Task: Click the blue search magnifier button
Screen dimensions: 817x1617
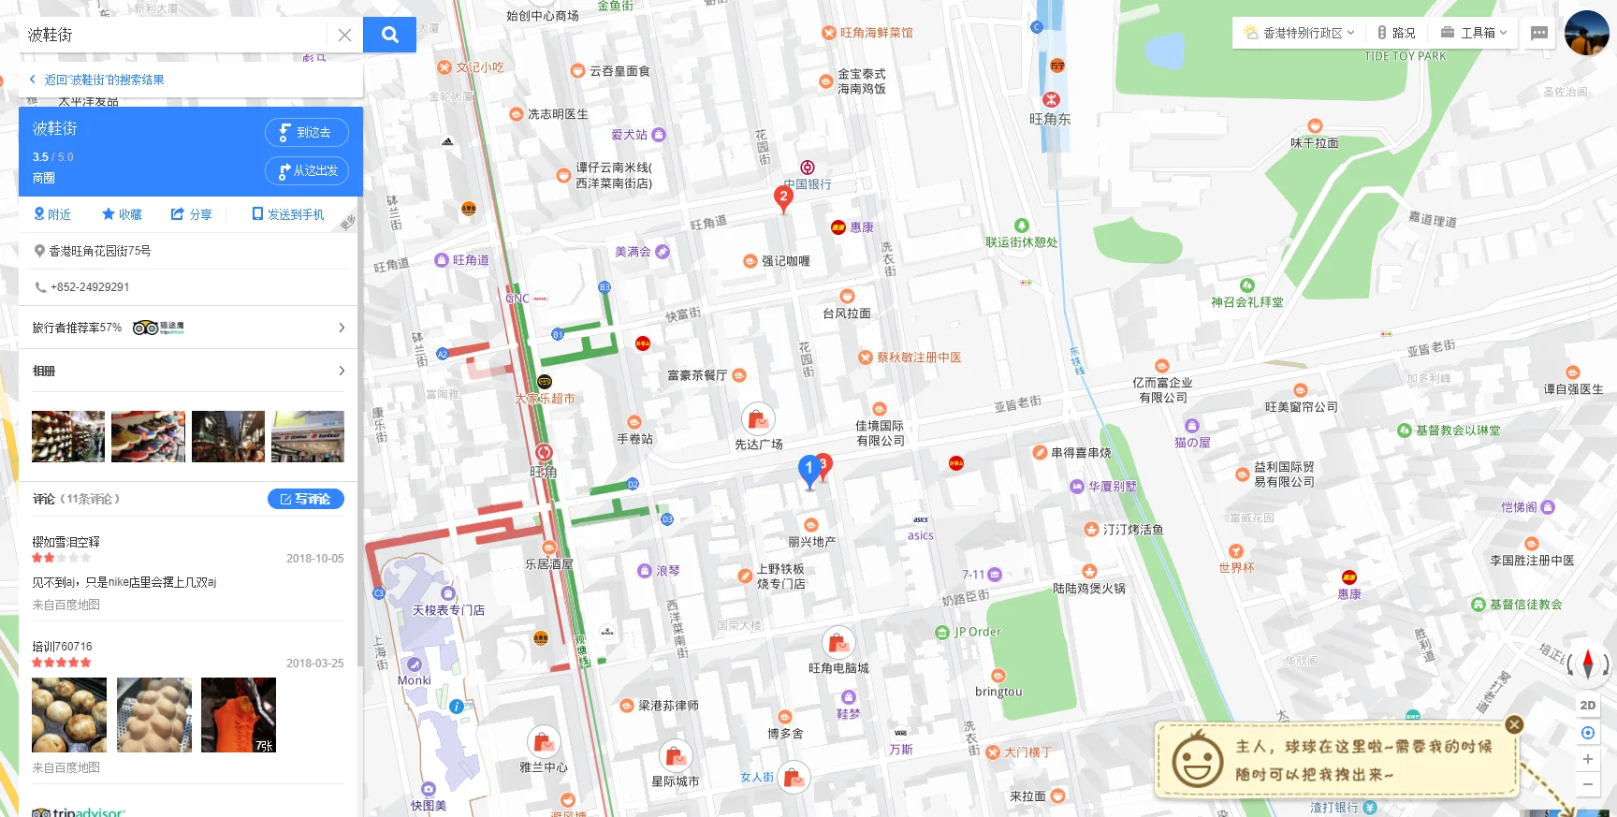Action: tap(389, 35)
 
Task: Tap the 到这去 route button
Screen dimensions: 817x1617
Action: tap(306, 132)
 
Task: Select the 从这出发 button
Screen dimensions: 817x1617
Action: tap(306, 170)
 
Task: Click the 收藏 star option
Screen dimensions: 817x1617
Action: tap(122, 214)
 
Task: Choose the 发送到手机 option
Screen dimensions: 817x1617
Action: tap(288, 214)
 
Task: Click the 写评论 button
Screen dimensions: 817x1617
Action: tap(305, 499)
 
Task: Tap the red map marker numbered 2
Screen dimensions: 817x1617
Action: tap(783, 197)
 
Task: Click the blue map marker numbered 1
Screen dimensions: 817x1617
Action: tap(808, 469)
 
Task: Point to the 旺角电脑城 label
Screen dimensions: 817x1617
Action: tap(838, 668)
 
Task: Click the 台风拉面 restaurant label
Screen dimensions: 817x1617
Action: tap(846, 314)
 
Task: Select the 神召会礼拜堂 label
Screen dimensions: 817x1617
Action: tap(1246, 302)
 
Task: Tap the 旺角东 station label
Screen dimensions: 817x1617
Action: tap(1050, 119)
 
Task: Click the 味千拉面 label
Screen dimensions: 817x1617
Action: tap(1314, 143)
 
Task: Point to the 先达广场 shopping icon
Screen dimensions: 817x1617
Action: tap(758, 418)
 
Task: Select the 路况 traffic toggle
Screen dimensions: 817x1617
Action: tap(1395, 33)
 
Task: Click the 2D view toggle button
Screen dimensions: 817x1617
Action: tap(1587, 706)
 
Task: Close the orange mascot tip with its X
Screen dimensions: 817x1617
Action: tap(1514, 724)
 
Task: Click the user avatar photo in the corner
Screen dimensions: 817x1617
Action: tap(1586, 33)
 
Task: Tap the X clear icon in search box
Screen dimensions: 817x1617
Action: tap(344, 35)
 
